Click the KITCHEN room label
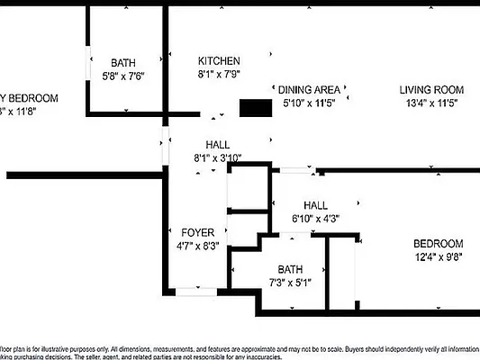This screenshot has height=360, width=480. pos(219,61)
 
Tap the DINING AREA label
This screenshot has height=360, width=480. pos(309,90)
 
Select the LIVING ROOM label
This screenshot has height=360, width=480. pos(431,90)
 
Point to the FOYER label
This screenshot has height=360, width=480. pos(197,232)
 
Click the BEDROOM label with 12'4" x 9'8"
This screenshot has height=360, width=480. pos(438,244)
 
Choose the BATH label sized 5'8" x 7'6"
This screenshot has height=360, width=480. pos(123,63)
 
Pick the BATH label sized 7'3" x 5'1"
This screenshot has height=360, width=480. pos(290,269)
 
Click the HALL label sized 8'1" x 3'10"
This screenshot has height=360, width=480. pos(217,144)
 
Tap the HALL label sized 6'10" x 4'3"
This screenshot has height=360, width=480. pos(315,205)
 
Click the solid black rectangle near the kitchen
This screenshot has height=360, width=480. pos(255,108)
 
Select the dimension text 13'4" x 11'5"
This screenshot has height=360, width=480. pos(431,103)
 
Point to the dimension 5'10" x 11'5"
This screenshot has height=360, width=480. pos(309,103)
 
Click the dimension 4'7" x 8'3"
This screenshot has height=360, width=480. pos(197,245)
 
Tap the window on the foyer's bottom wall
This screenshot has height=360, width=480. pos(195,291)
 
